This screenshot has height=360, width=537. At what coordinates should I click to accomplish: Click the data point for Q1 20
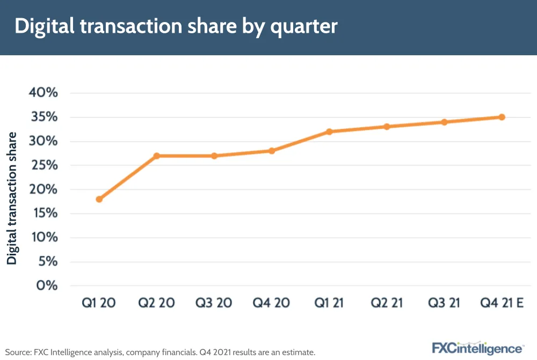click(x=99, y=199)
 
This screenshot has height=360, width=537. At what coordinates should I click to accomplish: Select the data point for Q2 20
click(x=157, y=156)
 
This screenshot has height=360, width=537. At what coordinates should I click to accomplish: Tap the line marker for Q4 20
click(x=272, y=151)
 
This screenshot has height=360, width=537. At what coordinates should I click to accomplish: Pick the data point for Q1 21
click(x=329, y=131)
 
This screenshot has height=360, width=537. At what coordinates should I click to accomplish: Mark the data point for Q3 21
click(x=444, y=122)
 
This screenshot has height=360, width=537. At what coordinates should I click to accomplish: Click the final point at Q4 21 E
click(x=502, y=117)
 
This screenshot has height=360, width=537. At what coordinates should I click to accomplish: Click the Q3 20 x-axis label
click(x=214, y=303)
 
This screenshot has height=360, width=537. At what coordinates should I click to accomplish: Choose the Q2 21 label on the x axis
click(x=386, y=303)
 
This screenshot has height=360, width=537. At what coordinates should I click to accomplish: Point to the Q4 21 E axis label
click(x=502, y=303)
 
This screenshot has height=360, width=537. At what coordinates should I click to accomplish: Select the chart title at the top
click(x=176, y=27)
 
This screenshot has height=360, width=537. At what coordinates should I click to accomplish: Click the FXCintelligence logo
click(x=478, y=347)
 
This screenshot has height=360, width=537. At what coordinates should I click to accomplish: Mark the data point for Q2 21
click(x=387, y=127)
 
